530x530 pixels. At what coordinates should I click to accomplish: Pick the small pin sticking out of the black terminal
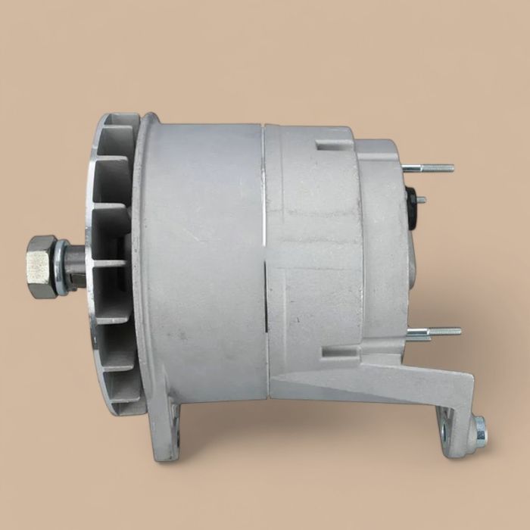point(421,200)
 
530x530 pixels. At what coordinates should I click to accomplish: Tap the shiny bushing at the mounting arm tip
point(479,429)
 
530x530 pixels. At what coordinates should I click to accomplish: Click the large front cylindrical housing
point(201,257)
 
